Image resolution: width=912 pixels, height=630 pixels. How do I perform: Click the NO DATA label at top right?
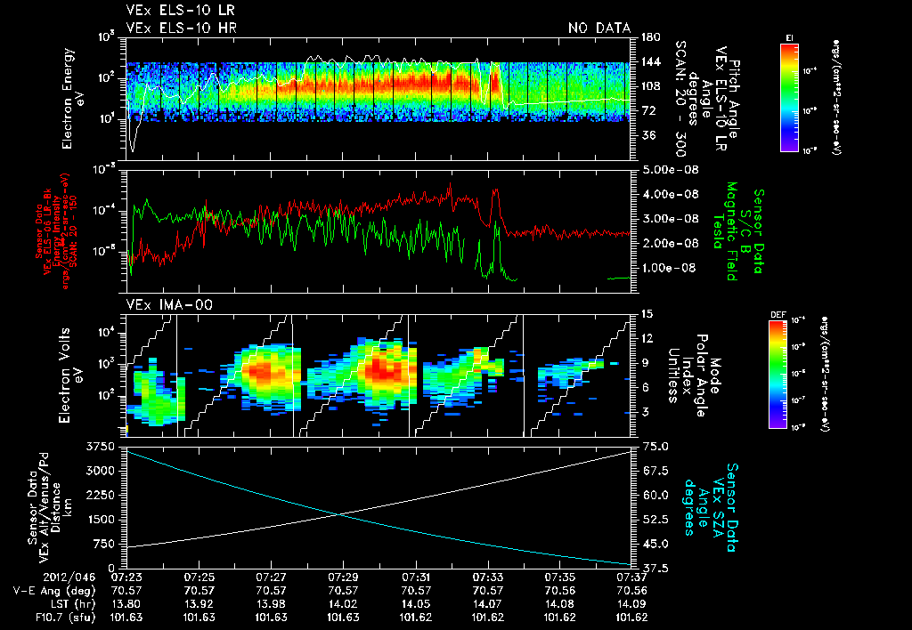(x=599, y=28)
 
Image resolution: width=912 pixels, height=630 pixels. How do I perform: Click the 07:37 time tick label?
(x=631, y=577)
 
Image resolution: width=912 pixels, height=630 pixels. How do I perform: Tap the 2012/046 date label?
(x=38, y=577)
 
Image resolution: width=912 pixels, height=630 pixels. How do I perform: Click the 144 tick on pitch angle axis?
(x=648, y=61)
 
